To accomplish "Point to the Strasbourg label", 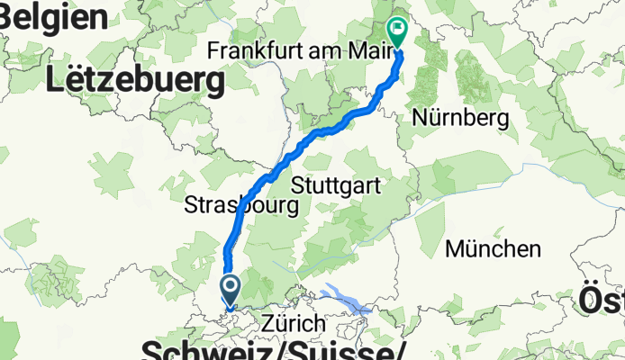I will [x=240, y=205].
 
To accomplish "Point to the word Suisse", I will [x=342, y=349].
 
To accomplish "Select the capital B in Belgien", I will [x=12, y=14].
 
